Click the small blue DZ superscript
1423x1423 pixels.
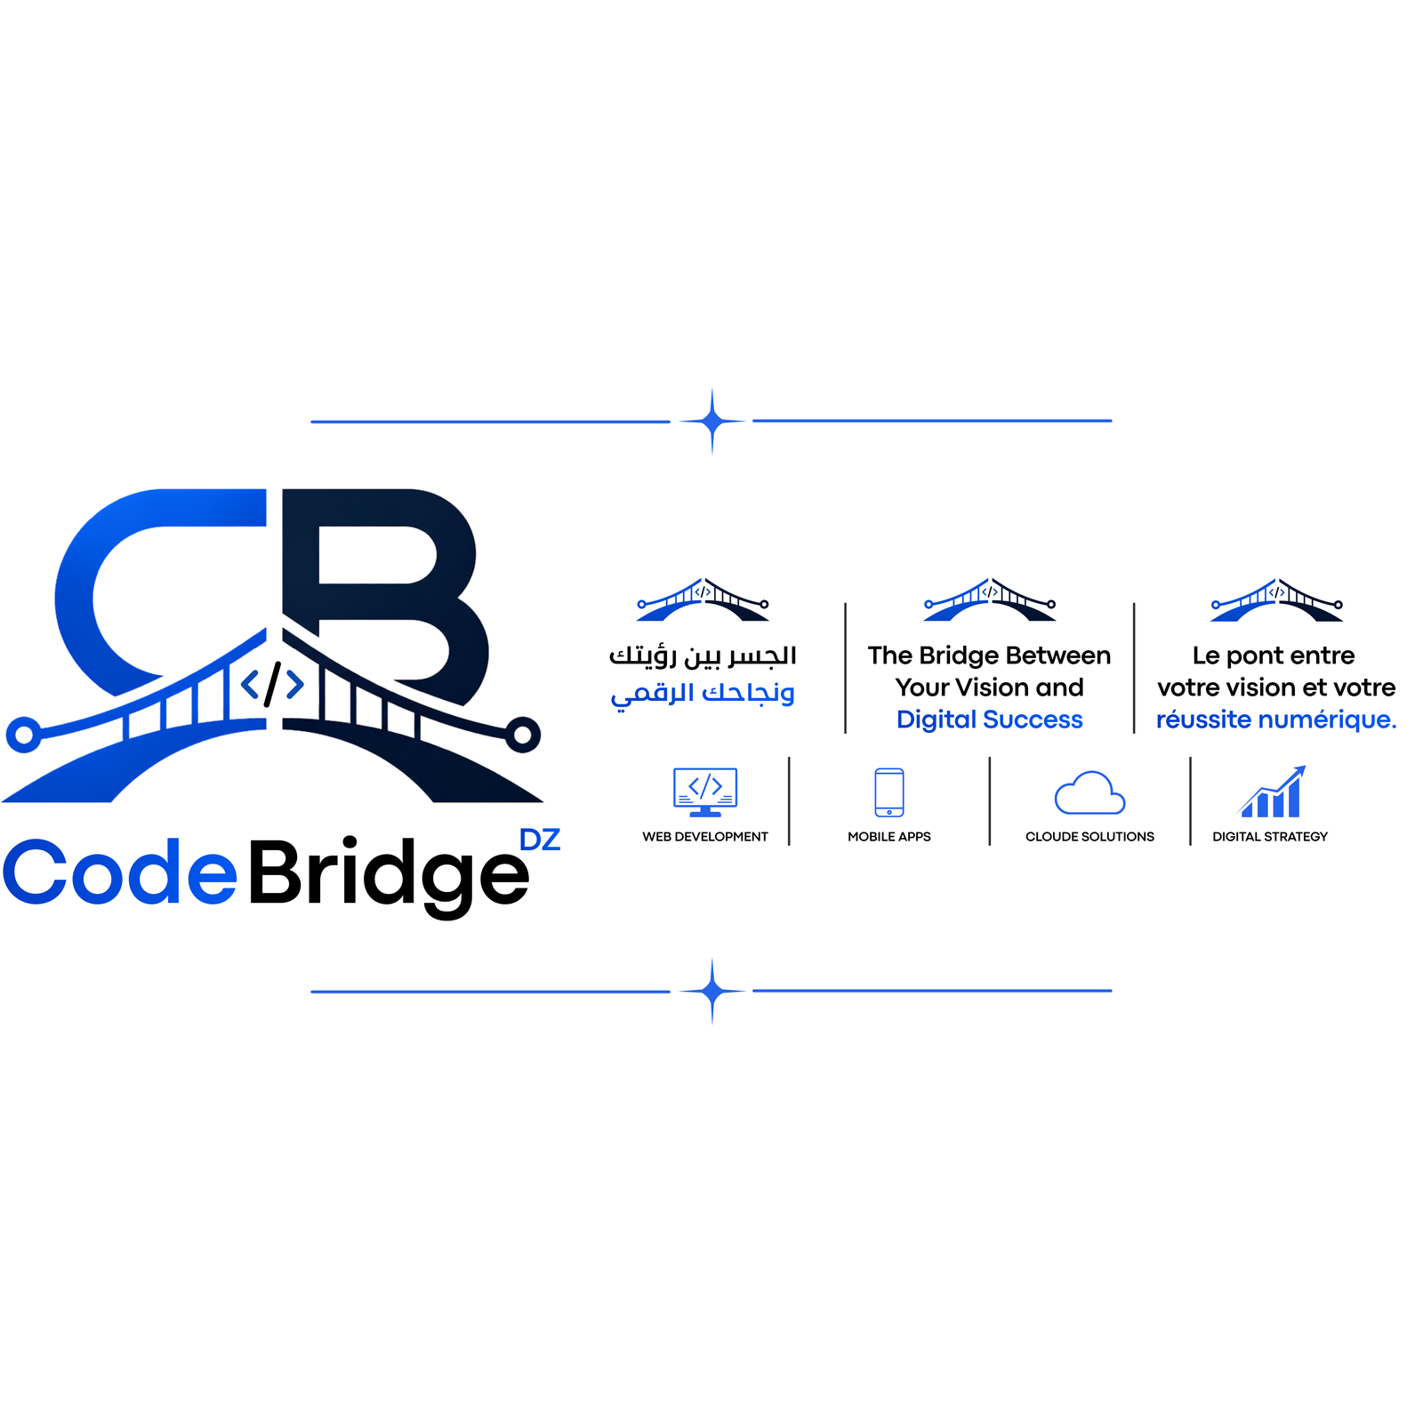coord(540,840)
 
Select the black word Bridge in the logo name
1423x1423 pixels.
coord(389,875)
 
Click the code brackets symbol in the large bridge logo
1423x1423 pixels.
coord(272,684)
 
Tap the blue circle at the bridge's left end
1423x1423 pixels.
coord(24,735)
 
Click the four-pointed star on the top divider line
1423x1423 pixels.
coord(711,422)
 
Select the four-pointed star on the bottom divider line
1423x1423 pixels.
coord(711,991)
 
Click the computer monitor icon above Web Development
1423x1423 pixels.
coord(705,792)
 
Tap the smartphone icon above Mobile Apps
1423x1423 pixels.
coord(889,792)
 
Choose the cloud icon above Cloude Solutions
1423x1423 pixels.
coord(1089,792)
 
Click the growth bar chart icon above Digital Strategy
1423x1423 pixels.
coord(1272,792)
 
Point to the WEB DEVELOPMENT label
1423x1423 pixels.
coord(705,837)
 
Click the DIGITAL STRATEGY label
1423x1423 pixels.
coord(1270,837)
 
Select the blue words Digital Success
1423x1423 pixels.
coord(990,720)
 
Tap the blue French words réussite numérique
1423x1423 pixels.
coord(1276,720)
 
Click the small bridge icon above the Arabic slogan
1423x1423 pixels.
coord(703,599)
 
